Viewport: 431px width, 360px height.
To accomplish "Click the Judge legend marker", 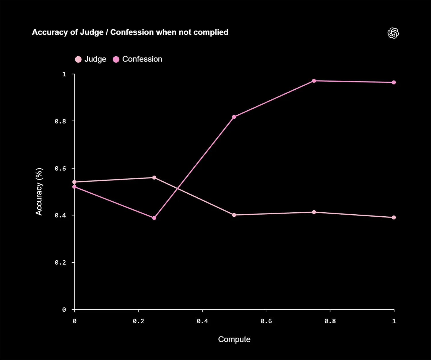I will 78,59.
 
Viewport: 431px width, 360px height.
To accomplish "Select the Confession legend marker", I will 116,59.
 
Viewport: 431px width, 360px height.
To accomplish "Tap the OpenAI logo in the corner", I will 393,33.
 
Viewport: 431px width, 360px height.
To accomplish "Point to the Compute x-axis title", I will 234,339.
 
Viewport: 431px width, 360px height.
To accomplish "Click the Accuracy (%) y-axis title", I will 39,192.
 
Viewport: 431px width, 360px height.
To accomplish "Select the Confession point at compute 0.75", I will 314,81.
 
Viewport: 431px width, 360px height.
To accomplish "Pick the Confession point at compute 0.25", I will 154,218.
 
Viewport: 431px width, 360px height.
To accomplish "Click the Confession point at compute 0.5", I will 234,117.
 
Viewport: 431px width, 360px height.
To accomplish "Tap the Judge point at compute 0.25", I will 154,178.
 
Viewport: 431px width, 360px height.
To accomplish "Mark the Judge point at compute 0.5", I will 234,215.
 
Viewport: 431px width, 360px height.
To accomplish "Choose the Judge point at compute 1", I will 394,217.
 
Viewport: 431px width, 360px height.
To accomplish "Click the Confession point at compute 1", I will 394,82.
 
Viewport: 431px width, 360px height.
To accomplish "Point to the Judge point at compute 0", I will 74,182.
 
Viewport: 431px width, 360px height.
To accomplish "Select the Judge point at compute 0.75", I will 314,212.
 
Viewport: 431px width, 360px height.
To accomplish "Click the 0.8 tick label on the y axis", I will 60,121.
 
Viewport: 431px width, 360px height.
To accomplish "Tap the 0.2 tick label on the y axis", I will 60,263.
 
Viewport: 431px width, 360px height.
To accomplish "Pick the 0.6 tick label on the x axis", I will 266,321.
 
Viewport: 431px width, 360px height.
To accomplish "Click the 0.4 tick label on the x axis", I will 202,321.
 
